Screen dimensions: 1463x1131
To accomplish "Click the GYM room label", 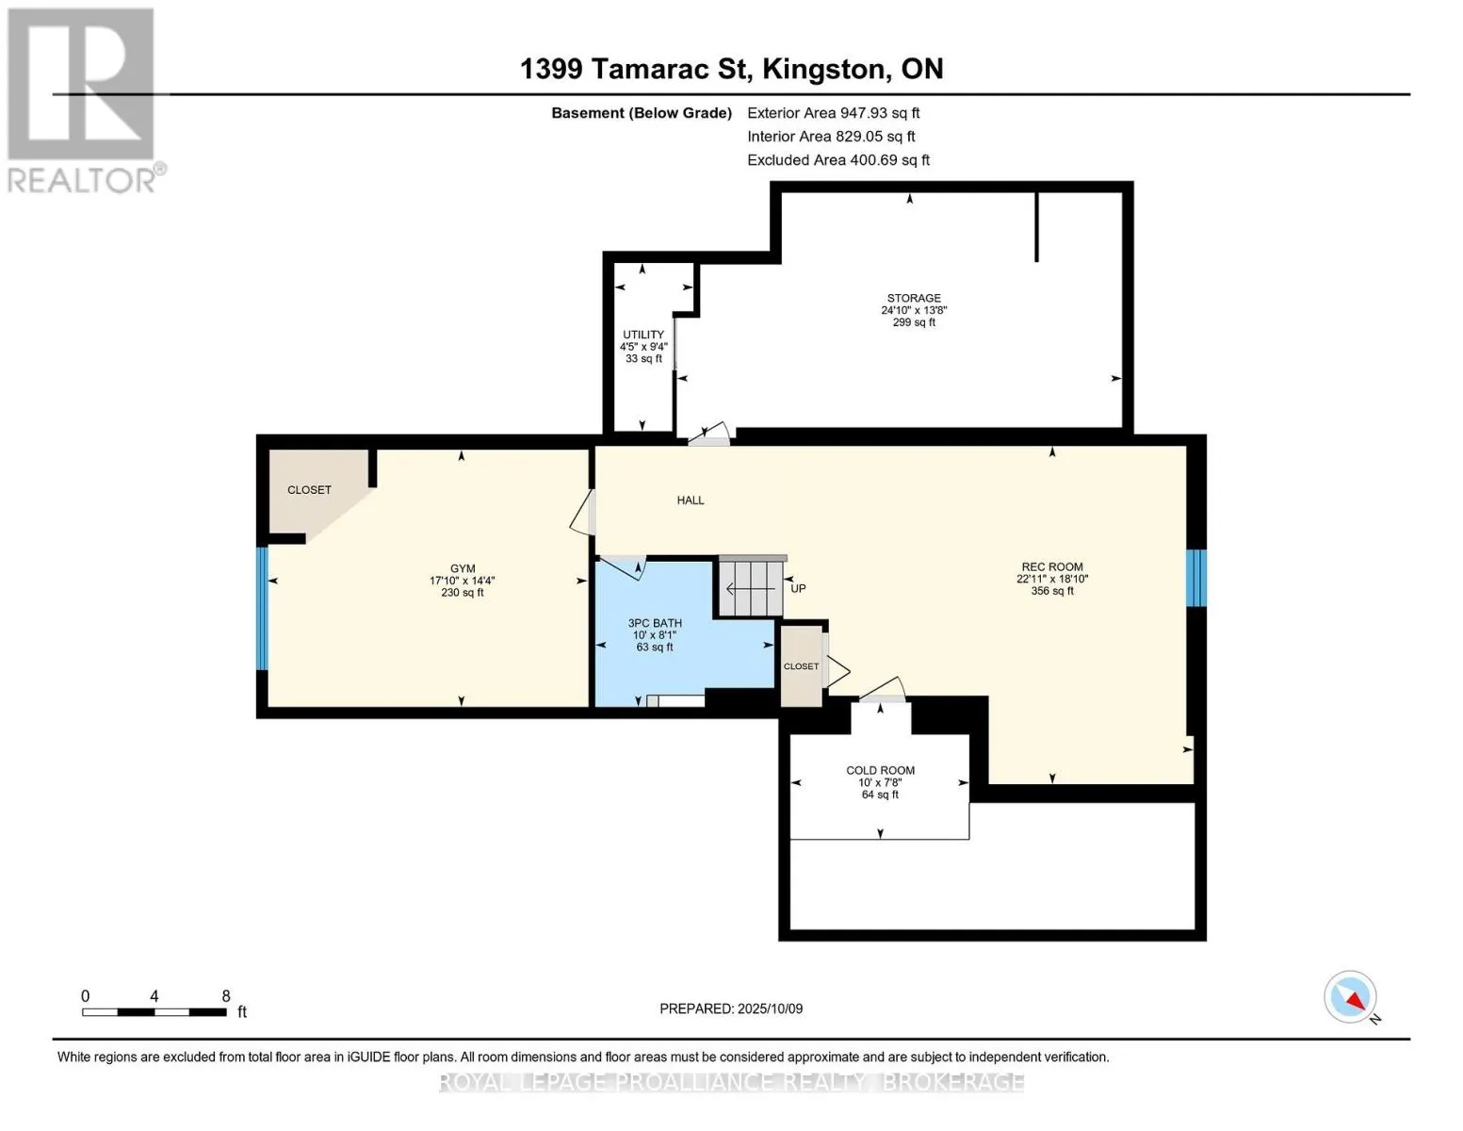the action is (x=463, y=568).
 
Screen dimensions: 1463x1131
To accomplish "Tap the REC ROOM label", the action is (x=1052, y=567).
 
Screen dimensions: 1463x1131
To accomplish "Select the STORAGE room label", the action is (x=914, y=298).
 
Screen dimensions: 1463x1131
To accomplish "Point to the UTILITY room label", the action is (x=643, y=335).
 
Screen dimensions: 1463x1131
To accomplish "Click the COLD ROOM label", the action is (x=880, y=771).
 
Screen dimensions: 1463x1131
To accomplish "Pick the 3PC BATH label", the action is (x=655, y=623).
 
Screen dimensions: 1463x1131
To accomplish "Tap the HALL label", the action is (x=691, y=500).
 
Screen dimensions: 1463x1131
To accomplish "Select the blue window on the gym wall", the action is (x=262, y=608).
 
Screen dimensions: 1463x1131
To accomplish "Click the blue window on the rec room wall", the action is (x=1195, y=578).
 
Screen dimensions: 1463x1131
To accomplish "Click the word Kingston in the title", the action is (x=822, y=69).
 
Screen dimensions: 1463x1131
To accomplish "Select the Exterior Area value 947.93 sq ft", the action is (x=879, y=113).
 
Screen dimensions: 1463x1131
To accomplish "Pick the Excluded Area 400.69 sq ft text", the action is (x=838, y=160).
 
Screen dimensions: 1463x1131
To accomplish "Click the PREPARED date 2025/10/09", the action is (x=770, y=1008).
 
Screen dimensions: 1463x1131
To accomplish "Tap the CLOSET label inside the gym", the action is (x=309, y=490).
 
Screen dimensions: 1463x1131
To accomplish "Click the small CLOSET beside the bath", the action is (x=801, y=666).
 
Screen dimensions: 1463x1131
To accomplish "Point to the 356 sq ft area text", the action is (x=1052, y=591).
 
